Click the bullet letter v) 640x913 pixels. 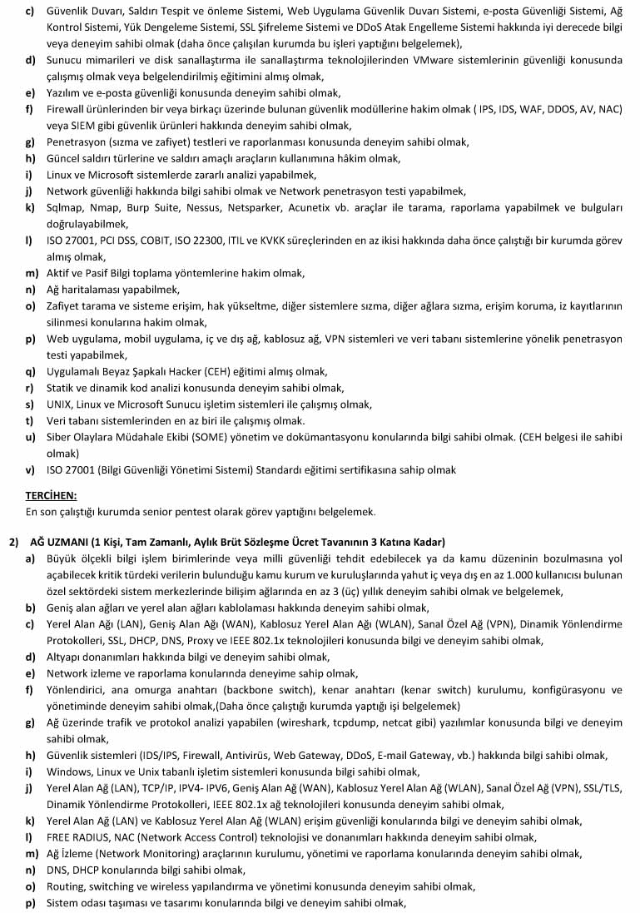pyautogui.click(x=30, y=470)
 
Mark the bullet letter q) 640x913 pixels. pyautogui.click(x=30, y=372)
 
